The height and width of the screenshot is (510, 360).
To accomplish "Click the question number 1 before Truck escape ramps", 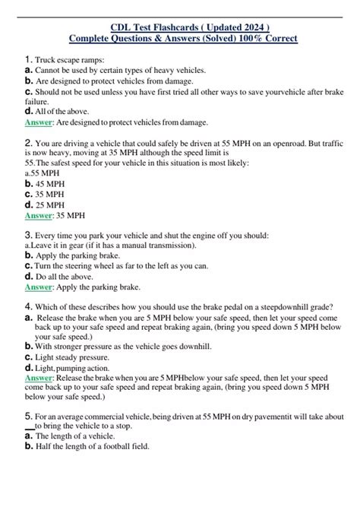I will tap(28, 59).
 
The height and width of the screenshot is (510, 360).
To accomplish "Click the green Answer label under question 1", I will tap(39, 122).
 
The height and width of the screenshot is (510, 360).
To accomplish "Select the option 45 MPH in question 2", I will tap(52, 183).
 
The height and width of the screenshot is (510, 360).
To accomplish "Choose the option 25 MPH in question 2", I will tap(52, 204).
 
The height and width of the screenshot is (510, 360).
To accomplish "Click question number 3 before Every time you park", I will tap(28, 236).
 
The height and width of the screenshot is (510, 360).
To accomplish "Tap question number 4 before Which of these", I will tap(28, 307).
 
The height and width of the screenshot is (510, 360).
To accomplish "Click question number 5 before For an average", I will tap(28, 417).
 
